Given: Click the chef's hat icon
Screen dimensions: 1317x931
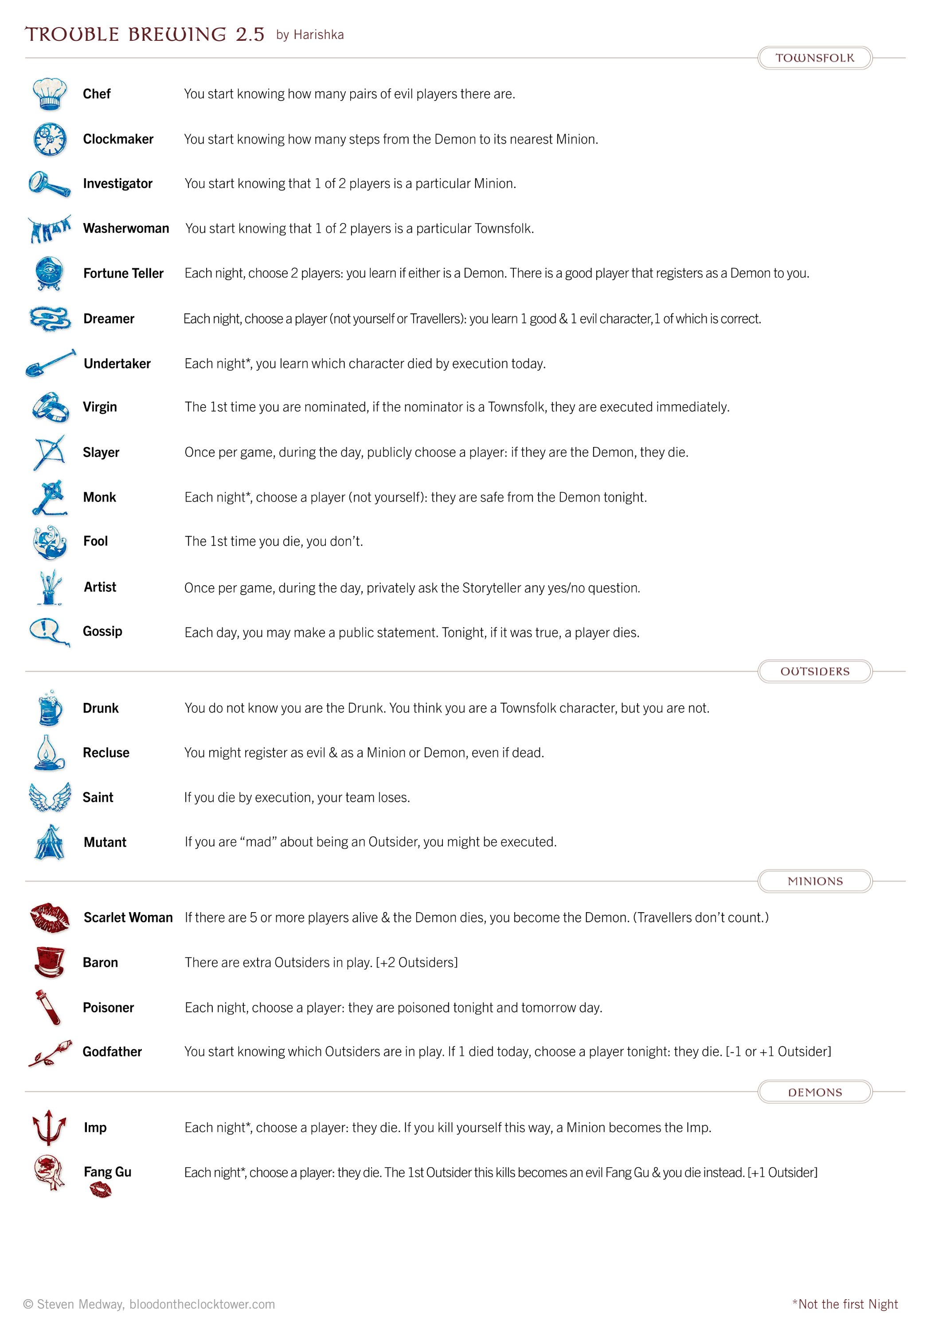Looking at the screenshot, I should (49, 94).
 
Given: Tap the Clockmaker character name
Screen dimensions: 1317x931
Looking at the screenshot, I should (118, 139).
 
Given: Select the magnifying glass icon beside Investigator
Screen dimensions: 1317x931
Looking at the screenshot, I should (49, 184).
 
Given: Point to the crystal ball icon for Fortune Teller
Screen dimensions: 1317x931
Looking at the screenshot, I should (49, 273).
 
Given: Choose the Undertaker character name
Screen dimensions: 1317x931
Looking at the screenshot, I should (117, 364).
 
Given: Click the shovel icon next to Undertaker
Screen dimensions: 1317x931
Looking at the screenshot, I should (50, 363).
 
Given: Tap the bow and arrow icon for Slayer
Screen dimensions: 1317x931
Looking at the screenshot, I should (49, 452).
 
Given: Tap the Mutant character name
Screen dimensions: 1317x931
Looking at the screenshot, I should (105, 842).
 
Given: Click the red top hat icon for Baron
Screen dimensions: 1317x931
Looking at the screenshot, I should (49, 962).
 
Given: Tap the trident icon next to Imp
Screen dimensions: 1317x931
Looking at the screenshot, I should (49, 1127).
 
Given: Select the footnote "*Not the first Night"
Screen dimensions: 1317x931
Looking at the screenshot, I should (845, 1304).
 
